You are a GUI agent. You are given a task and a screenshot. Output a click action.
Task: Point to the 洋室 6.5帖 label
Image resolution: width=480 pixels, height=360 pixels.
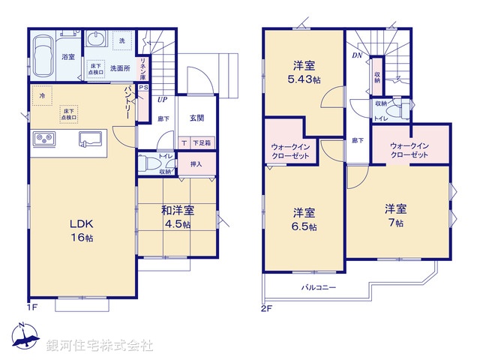(304, 219)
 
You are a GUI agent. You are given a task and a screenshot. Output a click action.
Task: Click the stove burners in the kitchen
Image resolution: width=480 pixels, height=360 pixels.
(43, 139)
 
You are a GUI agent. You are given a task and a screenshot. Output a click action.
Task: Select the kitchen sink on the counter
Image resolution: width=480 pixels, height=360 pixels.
(88, 139)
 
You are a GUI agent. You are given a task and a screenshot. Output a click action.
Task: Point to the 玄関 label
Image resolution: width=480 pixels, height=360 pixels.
(197, 118)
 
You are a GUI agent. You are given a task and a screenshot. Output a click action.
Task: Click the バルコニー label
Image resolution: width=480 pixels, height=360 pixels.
(319, 287)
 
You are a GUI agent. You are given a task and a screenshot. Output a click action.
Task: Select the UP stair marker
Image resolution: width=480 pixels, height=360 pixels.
(161, 98)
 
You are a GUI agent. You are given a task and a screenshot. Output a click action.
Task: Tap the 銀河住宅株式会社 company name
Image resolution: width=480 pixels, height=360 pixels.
(100, 346)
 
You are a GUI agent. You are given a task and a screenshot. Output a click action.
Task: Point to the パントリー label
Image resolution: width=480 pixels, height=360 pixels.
(128, 101)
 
